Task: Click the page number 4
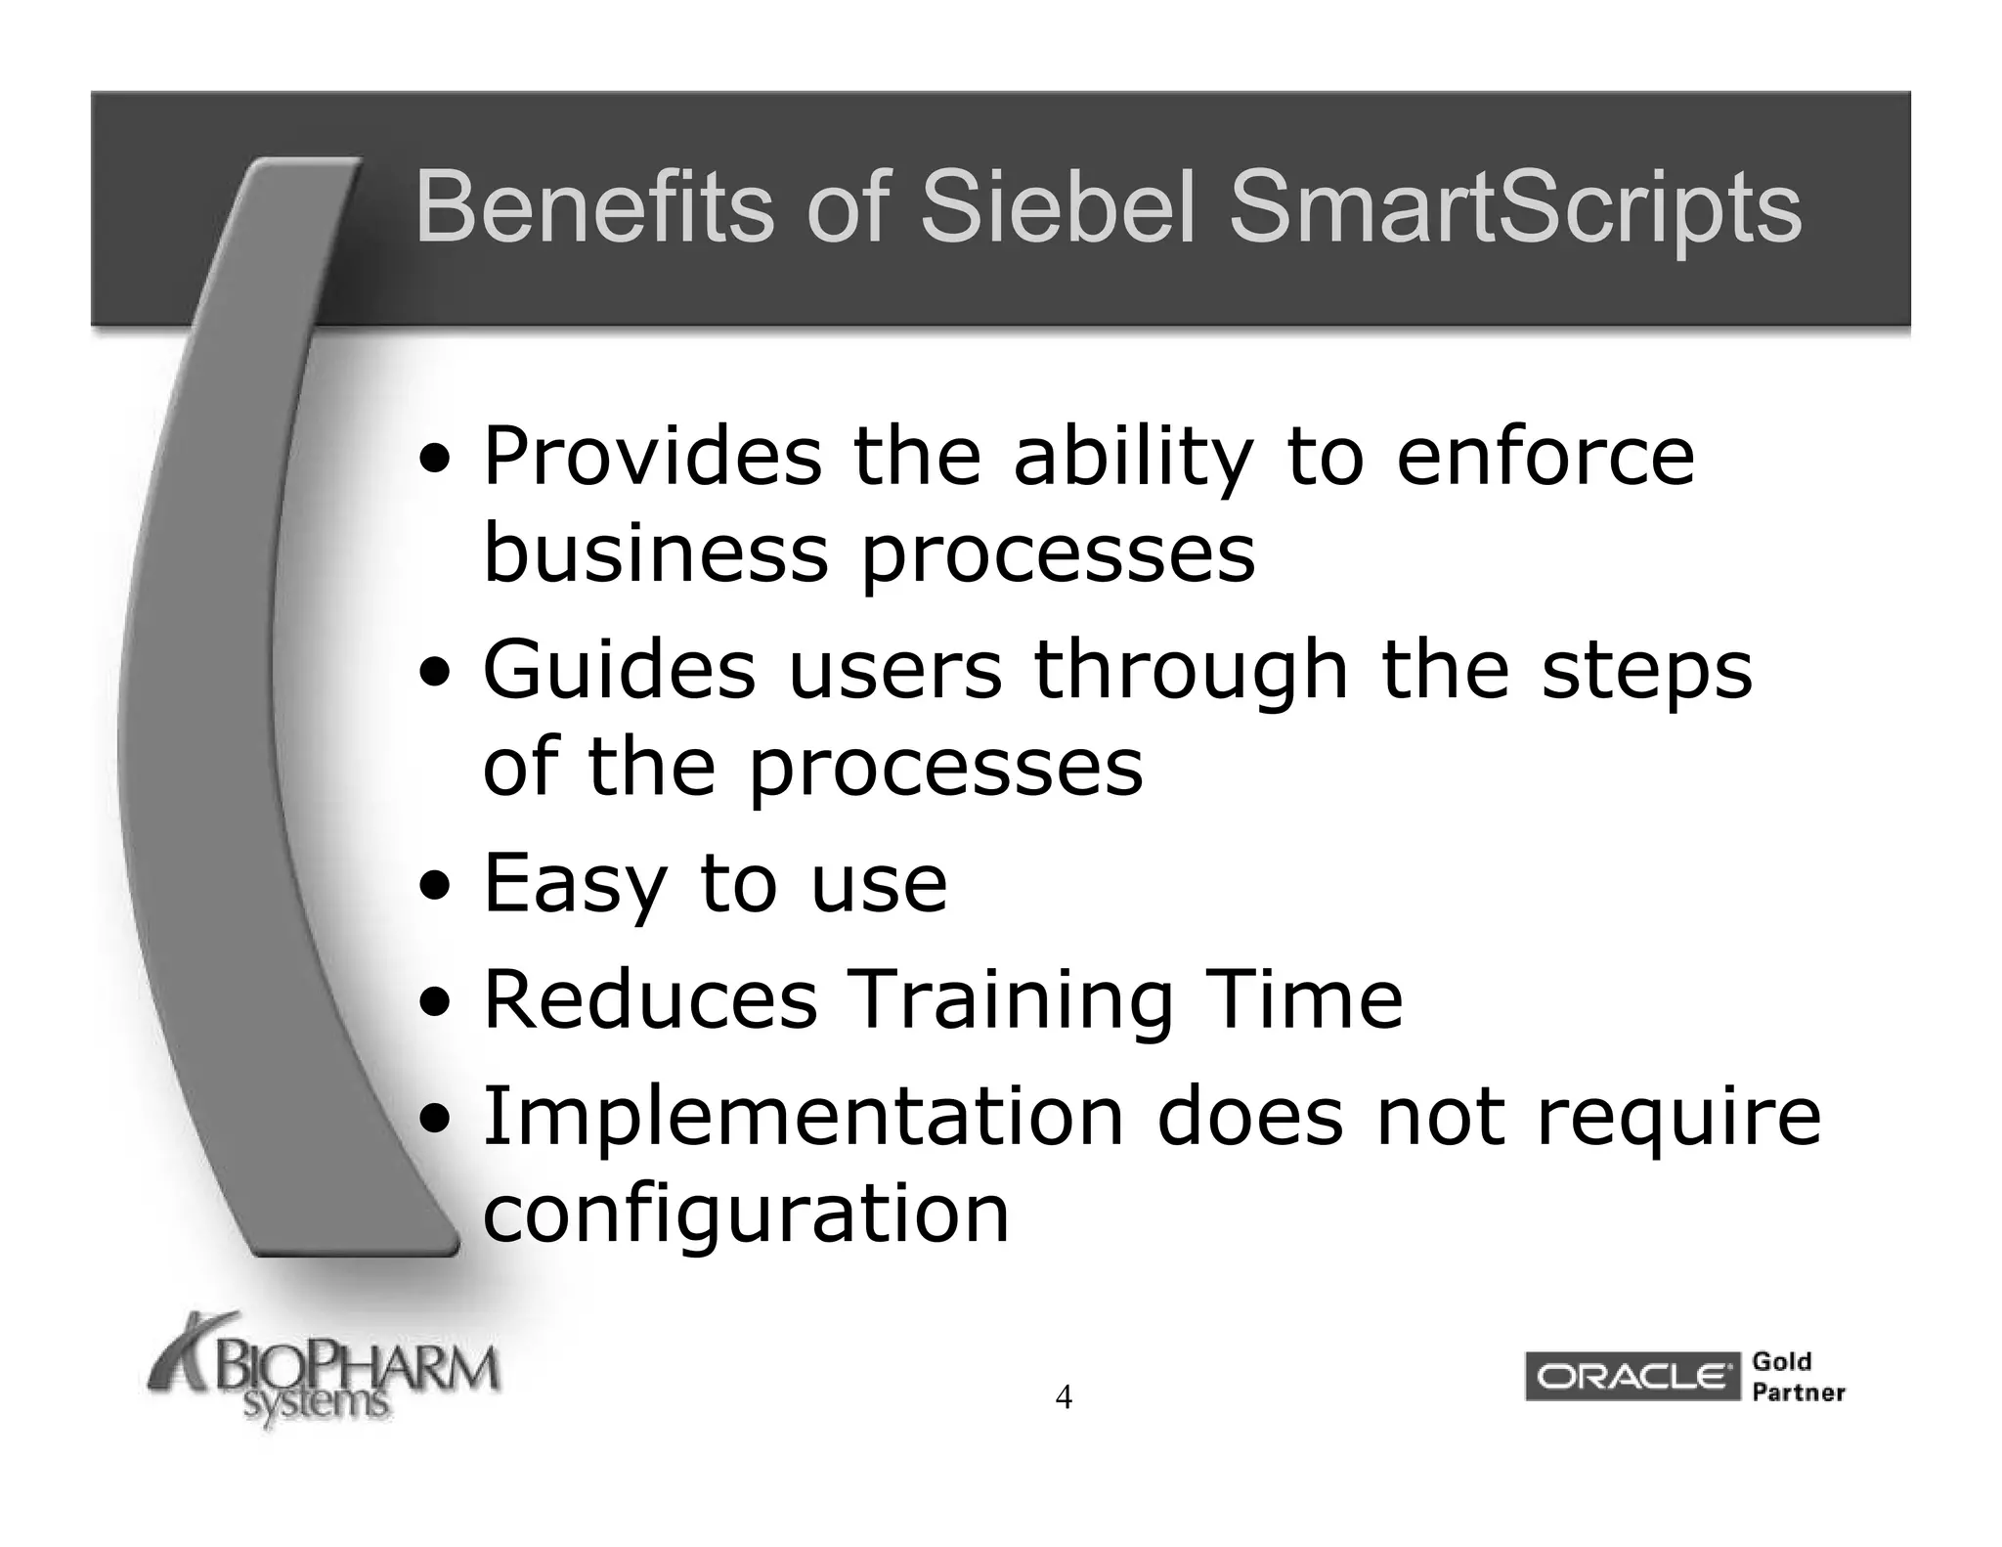(x=1064, y=1397)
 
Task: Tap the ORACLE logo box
(x=1631, y=1377)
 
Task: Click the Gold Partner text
(x=1797, y=1377)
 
